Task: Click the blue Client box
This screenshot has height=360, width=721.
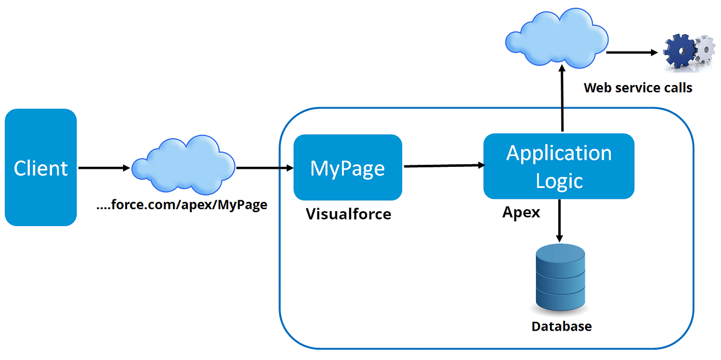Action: tap(41, 167)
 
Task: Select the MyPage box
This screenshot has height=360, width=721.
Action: tap(348, 167)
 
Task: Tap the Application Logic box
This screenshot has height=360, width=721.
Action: tap(559, 166)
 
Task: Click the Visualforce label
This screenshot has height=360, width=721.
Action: tap(349, 214)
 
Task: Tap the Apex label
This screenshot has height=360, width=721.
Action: tap(521, 212)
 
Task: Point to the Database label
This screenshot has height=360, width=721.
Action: tap(561, 326)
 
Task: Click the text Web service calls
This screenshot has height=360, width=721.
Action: tap(638, 88)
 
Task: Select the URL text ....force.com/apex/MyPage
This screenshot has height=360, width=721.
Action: tap(182, 205)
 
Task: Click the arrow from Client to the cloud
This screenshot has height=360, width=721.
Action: tap(104, 168)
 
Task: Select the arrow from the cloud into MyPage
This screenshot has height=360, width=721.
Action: tap(264, 168)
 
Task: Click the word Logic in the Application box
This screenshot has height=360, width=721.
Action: tap(559, 180)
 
